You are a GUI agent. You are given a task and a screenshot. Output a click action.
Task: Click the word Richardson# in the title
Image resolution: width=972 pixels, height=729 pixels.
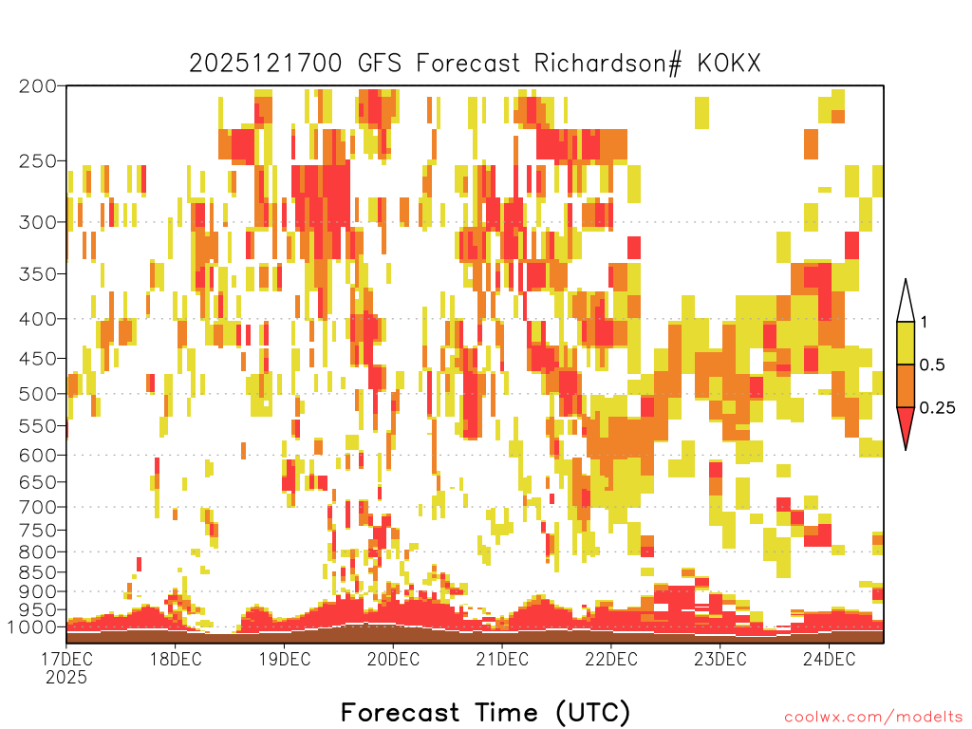(x=608, y=64)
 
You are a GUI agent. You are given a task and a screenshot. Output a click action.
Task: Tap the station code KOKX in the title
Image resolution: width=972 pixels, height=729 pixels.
(x=729, y=64)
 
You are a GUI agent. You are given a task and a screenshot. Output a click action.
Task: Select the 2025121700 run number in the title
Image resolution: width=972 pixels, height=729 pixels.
(x=266, y=64)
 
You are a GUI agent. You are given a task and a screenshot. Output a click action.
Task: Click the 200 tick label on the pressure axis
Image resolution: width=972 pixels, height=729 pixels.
(x=38, y=86)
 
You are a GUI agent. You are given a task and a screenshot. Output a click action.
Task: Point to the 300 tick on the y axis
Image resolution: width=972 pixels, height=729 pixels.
(x=38, y=222)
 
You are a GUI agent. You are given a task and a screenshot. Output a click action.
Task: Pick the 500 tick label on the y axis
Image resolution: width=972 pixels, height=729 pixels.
(x=38, y=394)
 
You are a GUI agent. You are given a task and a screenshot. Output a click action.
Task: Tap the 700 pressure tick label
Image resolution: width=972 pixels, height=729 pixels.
(x=38, y=507)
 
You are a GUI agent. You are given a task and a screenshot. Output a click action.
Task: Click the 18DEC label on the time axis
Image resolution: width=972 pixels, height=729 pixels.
(x=176, y=659)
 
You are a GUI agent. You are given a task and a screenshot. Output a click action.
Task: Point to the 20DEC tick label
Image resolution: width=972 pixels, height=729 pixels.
(x=393, y=659)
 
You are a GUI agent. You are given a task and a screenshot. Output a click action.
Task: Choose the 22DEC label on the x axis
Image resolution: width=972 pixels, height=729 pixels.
(x=611, y=659)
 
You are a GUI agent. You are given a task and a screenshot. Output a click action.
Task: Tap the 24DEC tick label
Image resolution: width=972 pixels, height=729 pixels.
(x=830, y=659)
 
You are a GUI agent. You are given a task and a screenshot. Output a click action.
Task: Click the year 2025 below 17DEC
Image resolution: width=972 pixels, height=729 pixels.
(x=66, y=678)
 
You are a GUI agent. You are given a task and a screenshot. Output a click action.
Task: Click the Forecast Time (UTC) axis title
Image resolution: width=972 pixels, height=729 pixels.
(x=485, y=713)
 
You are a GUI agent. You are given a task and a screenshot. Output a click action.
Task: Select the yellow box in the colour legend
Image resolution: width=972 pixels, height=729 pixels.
(x=906, y=343)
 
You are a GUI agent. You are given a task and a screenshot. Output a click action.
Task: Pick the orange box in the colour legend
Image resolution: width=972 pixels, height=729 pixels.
(x=906, y=385)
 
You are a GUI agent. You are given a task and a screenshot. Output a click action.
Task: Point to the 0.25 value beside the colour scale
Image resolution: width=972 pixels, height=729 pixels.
(x=937, y=408)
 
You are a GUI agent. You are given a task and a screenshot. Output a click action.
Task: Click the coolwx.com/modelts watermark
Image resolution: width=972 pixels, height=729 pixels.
(x=873, y=718)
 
